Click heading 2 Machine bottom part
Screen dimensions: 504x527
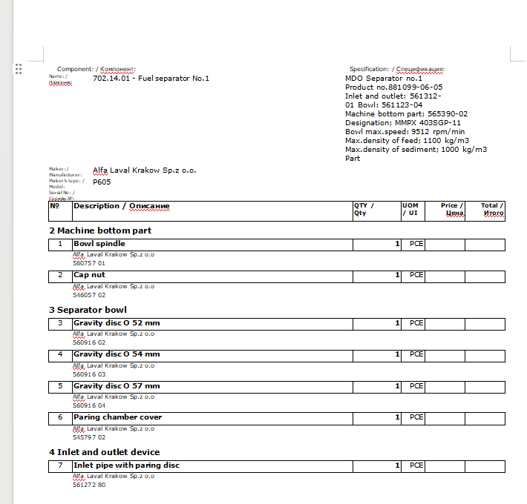pyautogui.click(x=100, y=231)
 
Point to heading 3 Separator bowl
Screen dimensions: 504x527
pyautogui.click(x=88, y=310)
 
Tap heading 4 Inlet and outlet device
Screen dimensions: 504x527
pyautogui.click(x=105, y=452)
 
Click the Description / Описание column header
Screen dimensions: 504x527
pyautogui.click(x=122, y=206)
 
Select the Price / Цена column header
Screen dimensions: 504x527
pyautogui.click(x=452, y=210)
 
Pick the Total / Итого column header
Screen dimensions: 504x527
pyautogui.click(x=491, y=210)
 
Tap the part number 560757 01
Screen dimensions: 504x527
pyautogui.click(x=89, y=263)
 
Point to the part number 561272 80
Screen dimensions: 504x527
pyautogui.click(x=89, y=485)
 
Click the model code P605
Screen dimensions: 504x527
pyautogui.click(x=102, y=182)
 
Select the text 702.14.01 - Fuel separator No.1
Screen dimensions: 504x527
pyautogui.click(x=151, y=78)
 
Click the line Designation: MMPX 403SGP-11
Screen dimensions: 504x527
pyautogui.click(x=403, y=123)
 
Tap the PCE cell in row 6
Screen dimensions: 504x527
pyautogui.click(x=416, y=417)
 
